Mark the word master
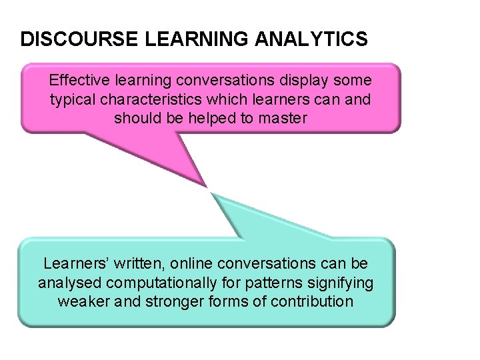tap(283, 119)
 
